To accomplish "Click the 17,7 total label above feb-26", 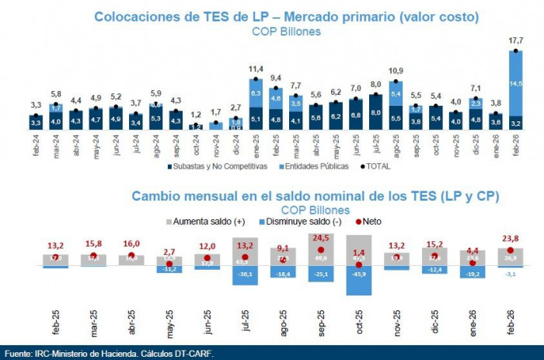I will coord(514,41).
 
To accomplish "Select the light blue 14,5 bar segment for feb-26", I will coord(514,83).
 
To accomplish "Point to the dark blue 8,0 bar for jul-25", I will coord(376,111).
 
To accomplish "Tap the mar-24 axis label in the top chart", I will coord(57,145).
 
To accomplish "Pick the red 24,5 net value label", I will coord(320,238).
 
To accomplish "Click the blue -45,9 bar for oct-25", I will coord(360,281).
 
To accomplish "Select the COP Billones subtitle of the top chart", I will coord(286,31).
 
